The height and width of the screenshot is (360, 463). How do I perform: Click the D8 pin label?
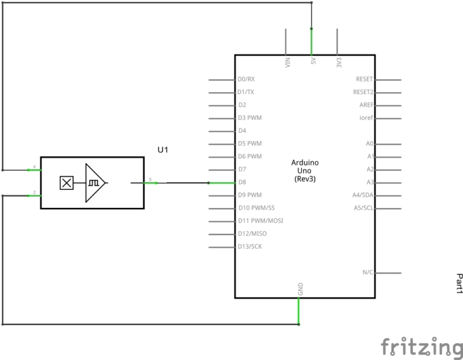click(242, 182)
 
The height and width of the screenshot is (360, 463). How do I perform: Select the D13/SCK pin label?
click(250, 247)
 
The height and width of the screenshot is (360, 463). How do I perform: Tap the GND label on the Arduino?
click(300, 289)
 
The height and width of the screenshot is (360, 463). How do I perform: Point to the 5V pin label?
click(313, 62)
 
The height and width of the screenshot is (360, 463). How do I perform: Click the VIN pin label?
click(288, 62)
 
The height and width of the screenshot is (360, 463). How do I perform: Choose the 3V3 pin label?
click(339, 62)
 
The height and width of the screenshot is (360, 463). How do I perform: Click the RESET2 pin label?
click(364, 92)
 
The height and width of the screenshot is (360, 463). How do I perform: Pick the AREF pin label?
click(367, 105)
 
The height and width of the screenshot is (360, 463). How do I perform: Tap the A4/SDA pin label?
click(363, 195)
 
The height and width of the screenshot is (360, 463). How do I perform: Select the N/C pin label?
click(368, 273)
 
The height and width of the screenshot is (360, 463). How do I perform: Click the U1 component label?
click(163, 149)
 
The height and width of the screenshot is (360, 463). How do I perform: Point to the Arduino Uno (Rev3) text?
click(305, 171)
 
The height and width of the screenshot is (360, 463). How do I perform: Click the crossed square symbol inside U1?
click(66, 182)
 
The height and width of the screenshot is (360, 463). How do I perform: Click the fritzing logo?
click(421, 347)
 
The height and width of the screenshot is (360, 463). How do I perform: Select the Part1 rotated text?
click(459, 283)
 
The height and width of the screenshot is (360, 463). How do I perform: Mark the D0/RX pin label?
click(246, 79)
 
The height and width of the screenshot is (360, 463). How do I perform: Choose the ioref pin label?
click(367, 118)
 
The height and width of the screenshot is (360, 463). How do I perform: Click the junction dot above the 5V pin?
click(312, 28)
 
